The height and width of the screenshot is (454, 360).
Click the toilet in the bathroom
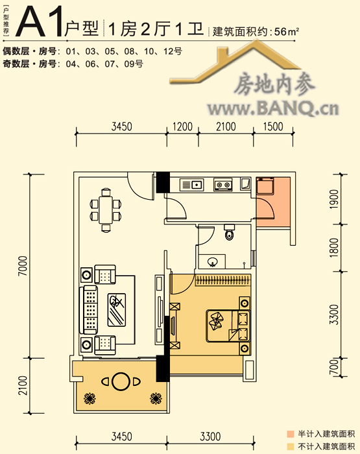point(230,232)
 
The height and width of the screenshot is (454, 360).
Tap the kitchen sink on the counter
point(191,184)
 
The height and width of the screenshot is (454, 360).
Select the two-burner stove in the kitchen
point(222,184)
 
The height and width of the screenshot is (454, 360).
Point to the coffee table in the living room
point(117,310)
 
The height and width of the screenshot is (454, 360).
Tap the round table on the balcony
point(121,381)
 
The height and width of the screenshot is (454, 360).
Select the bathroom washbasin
point(212,261)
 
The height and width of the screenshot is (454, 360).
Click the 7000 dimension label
point(23,266)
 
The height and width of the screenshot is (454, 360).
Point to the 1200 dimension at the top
point(182,126)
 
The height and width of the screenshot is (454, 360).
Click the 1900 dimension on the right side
point(334,199)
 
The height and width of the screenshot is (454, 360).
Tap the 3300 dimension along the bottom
point(210,436)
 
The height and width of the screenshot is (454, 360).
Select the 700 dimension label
point(334,366)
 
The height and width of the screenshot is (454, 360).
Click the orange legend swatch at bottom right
point(290,434)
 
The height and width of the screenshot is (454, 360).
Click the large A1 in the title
point(40,21)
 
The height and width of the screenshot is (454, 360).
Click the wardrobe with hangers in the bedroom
point(222,280)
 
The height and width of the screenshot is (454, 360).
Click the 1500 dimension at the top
point(273,126)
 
